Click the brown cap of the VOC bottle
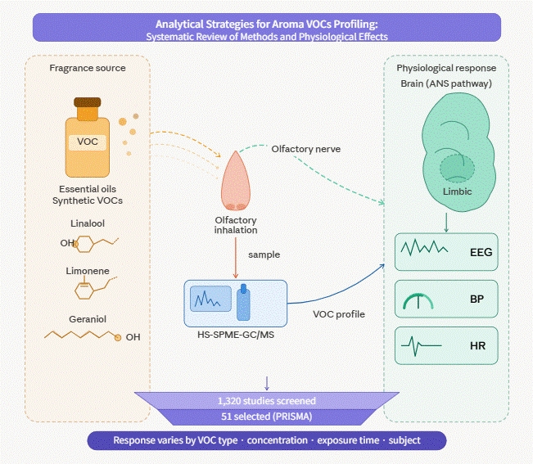pos(88,102)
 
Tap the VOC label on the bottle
pos(88,142)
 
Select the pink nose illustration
pos(236,181)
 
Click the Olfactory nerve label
pos(306,149)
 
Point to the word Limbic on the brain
pos(457,191)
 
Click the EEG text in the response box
pos(481,252)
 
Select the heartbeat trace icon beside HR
pos(421,346)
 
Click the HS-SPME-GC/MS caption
pos(236,335)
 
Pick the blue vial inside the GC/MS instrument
pos(243,303)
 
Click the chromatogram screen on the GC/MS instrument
pos(210,299)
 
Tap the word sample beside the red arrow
pos(264,255)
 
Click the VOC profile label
pos(339,314)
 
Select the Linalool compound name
pos(88,223)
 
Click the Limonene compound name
pos(88,271)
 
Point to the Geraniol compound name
pos(88,319)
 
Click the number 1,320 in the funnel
pos(229,401)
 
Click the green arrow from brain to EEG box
pos(446,223)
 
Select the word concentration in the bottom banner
pos(277,440)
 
